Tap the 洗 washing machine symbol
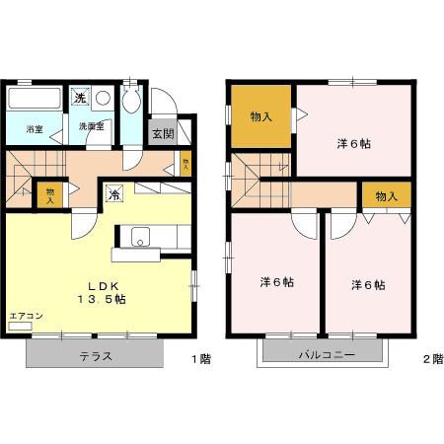(81, 97)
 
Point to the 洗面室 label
(91, 126)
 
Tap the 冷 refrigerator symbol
(114, 194)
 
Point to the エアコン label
(26, 316)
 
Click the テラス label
(95, 357)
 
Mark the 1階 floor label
(200, 358)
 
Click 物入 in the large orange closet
(262, 115)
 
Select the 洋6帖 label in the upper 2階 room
(353, 144)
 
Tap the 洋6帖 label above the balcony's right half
(367, 285)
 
